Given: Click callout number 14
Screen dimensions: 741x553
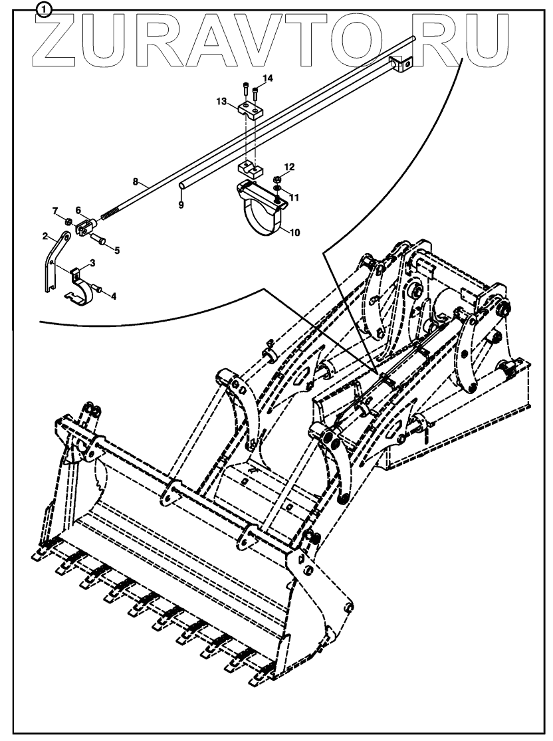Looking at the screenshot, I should pyautogui.click(x=267, y=78).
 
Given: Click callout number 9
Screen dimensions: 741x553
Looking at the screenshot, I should pyautogui.click(x=180, y=205).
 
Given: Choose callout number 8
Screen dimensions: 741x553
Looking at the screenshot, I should pyautogui.click(x=136, y=181).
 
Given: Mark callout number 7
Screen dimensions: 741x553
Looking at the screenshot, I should pyautogui.click(x=56, y=211).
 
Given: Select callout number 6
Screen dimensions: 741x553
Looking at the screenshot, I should pyautogui.click(x=78, y=209).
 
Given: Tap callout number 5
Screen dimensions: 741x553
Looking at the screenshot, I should pyautogui.click(x=117, y=251).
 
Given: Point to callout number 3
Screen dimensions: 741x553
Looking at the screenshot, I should pyautogui.click(x=93, y=263).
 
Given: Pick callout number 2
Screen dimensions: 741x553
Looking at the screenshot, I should pyautogui.click(x=45, y=236).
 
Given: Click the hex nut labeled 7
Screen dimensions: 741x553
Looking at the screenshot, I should pyautogui.click(x=68, y=220).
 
